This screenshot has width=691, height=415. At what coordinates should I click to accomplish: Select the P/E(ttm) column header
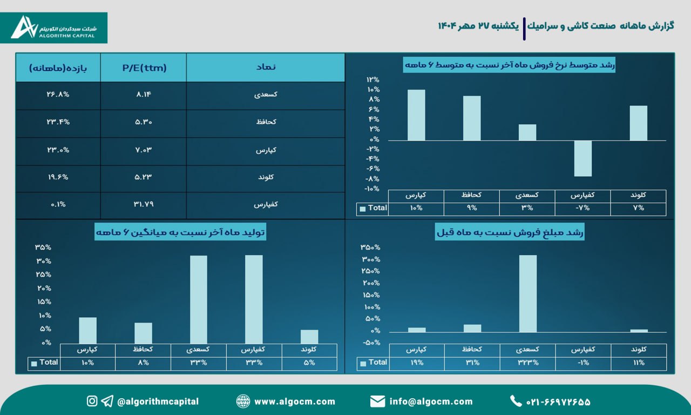[x=144, y=68]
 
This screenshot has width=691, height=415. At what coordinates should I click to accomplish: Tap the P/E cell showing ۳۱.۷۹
[x=144, y=204]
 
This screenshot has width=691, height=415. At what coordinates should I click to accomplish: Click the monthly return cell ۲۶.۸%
[x=58, y=95]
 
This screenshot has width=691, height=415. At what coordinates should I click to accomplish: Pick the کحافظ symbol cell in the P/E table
[x=266, y=122]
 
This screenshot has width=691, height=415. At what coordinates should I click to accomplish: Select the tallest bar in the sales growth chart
[x=527, y=293]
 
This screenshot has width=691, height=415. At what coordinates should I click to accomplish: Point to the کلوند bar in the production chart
[x=309, y=336]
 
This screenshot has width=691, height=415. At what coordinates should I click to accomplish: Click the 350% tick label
[x=370, y=247]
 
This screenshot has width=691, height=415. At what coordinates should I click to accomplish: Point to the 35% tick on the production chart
[x=43, y=247]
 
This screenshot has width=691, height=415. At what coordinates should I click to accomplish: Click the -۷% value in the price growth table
[x=582, y=208]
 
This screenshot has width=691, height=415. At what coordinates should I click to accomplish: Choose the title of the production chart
[x=180, y=232]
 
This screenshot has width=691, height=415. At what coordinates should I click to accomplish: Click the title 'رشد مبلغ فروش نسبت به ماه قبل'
[x=510, y=232]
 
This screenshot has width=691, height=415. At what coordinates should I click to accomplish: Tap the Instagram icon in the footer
[x=92, y=401]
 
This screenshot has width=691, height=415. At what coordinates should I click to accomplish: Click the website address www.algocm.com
[x=294, y=401]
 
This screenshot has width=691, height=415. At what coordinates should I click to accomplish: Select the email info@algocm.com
[x=431, y=401]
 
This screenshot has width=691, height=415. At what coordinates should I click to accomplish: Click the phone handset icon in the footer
[x=516, y=401]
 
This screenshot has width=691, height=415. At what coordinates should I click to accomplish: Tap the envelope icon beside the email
[x=377, y=401]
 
